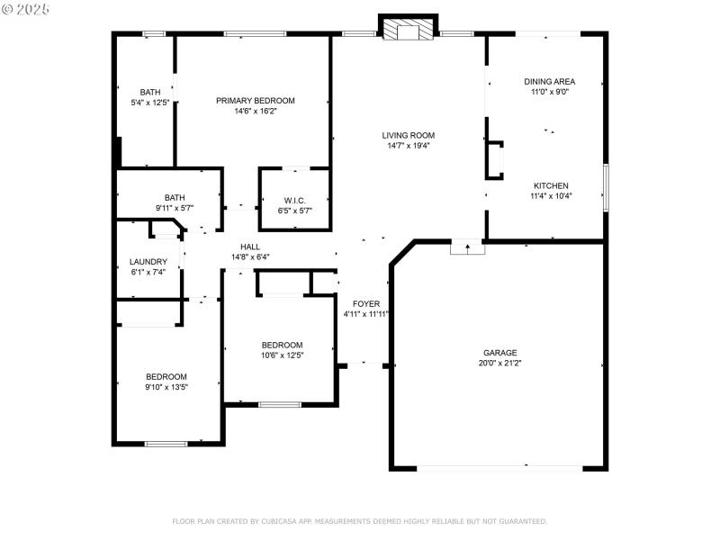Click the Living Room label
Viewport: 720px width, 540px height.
pyautogui.click(x=409, y=135)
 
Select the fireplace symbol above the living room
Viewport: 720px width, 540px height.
pyautogui.click(x=408, y=31)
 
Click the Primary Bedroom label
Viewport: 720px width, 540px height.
pyautogui.click(x=255, y=101)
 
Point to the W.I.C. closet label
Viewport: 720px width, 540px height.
pyautogui.click(x=294, y=200)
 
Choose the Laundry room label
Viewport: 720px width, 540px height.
pyautogui.click(x=148, y=262)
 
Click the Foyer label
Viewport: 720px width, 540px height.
pyautogui.click(x=365, y=304)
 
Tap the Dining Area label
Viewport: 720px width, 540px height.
pyautogui.click(x=549, y=81)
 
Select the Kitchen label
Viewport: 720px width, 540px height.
pyautogui.click(x=550, y=185)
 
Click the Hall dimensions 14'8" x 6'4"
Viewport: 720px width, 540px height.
pyautogui.click(x=250, y=256)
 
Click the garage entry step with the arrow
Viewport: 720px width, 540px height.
pyautogui.click(x=467, y=247)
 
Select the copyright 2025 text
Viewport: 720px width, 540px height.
pyautogui.click(x=26, y=8)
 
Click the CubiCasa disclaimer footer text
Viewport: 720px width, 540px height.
pyautogui.click(x=359, y=521)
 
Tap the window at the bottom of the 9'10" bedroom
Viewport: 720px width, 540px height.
pyautogui.click(x=166, y=443)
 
